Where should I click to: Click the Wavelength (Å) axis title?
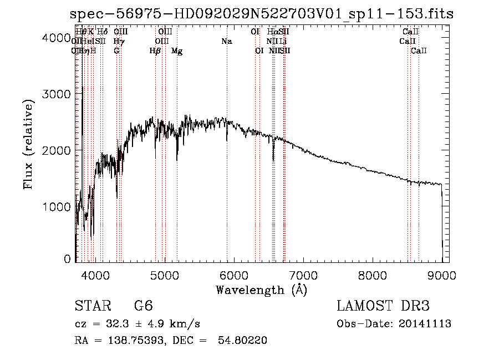point(261,290)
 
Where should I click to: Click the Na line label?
point(226,42)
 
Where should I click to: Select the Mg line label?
point(177,51)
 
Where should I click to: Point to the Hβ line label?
point(155,51)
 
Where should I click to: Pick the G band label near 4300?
point(116,51)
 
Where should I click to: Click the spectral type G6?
point(144,307)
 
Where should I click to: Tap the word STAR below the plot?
point(91,307)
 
